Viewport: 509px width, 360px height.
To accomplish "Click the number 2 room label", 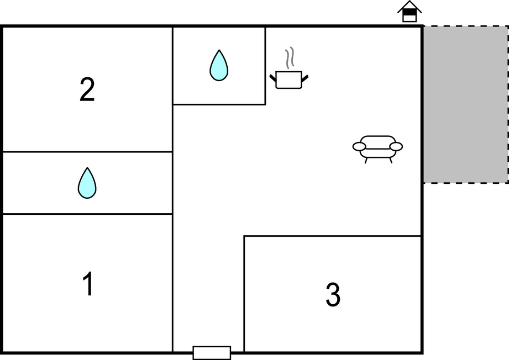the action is pos(87,90).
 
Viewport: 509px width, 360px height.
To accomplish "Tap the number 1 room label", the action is pos(88,284).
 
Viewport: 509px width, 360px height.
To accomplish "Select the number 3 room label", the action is pos(333,294).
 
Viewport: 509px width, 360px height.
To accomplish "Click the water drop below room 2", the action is pos(87,183).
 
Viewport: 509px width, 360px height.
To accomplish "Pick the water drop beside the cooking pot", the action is pos(219,65).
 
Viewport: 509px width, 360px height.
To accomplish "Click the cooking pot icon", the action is pos(289,80).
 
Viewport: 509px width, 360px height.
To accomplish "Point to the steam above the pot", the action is pos(290,58).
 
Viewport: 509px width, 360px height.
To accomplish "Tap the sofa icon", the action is pos(378,149).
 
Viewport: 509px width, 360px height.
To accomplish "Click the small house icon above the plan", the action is pos(410,12).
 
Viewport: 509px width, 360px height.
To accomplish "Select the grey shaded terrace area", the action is pos(466,104).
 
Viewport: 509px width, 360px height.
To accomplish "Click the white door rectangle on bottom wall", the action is pos(212,353).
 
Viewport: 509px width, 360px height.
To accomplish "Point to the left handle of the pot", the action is pos(273,78).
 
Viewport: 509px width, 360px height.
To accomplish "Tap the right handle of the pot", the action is pos(305,78).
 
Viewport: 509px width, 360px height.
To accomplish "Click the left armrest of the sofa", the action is pos(359,146).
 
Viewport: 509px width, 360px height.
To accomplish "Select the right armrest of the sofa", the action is pos(396,146).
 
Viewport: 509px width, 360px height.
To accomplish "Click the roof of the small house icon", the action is pos(410,6).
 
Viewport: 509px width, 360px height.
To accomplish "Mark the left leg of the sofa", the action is pos(366,160).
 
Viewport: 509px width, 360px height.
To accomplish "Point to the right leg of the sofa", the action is pos(391,160).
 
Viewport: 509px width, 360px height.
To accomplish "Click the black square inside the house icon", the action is pos(410,12).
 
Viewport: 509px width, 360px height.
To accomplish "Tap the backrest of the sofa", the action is pos(378,141).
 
